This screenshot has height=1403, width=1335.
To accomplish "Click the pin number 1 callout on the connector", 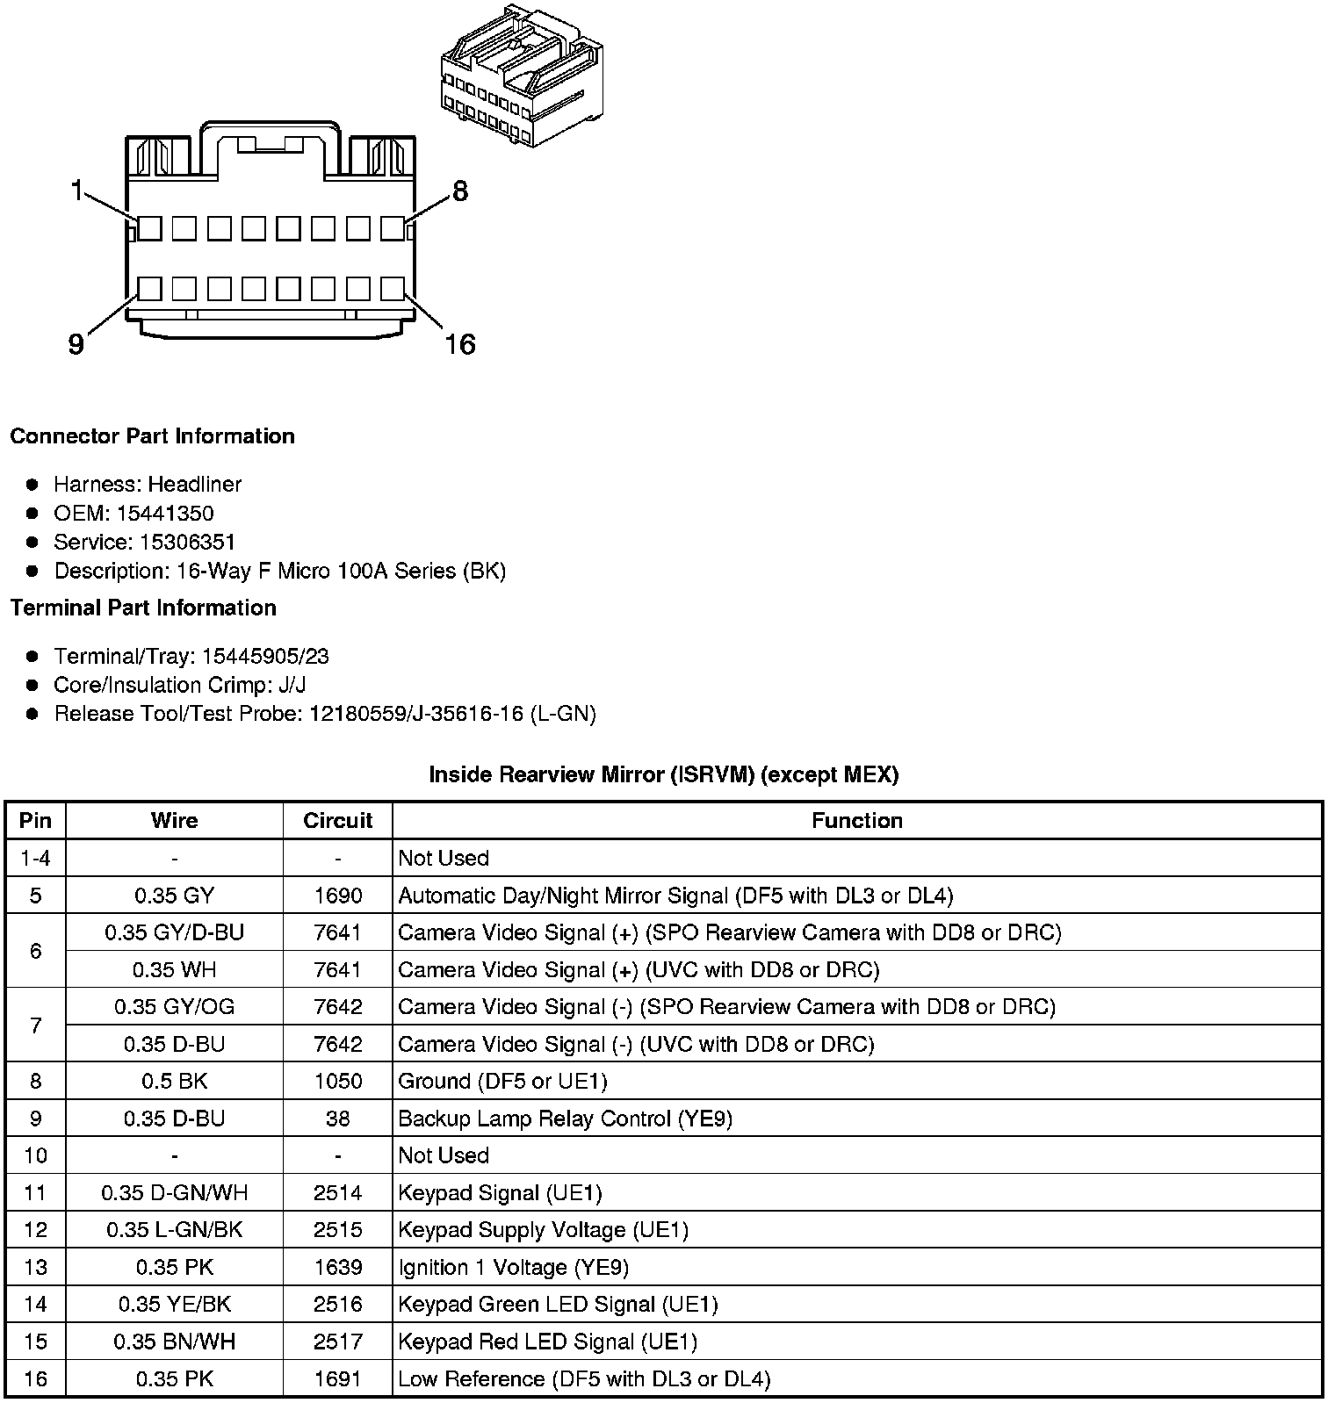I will [77, 190].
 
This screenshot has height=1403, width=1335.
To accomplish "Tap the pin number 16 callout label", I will [459, 344].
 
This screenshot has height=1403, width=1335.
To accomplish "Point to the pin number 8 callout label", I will [460, 191].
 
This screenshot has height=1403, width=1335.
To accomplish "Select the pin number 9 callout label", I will [76, 345].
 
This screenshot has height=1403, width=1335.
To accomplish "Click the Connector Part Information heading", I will [153, 436].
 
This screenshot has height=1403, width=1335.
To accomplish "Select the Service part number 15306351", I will [187, 542].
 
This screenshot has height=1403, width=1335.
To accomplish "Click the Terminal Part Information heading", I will [143, 608].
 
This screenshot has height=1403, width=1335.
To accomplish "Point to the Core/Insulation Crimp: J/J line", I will [179, 685].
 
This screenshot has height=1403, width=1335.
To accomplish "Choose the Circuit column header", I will [337, 820].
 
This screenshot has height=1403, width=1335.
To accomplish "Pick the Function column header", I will [856, 820].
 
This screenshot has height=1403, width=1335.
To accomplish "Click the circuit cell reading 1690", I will [337, 896].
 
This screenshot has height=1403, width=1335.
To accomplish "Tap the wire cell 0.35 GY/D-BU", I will [174, 932].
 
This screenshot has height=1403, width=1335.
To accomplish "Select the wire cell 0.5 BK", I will [174, 1081].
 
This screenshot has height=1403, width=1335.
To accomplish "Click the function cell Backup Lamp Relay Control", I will [565, 1119].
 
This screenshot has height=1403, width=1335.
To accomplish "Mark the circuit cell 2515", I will [337, 1230].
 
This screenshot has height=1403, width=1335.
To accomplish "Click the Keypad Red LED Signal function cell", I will [547, 1342].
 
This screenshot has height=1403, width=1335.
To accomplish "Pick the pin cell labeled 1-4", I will [35, 858].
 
